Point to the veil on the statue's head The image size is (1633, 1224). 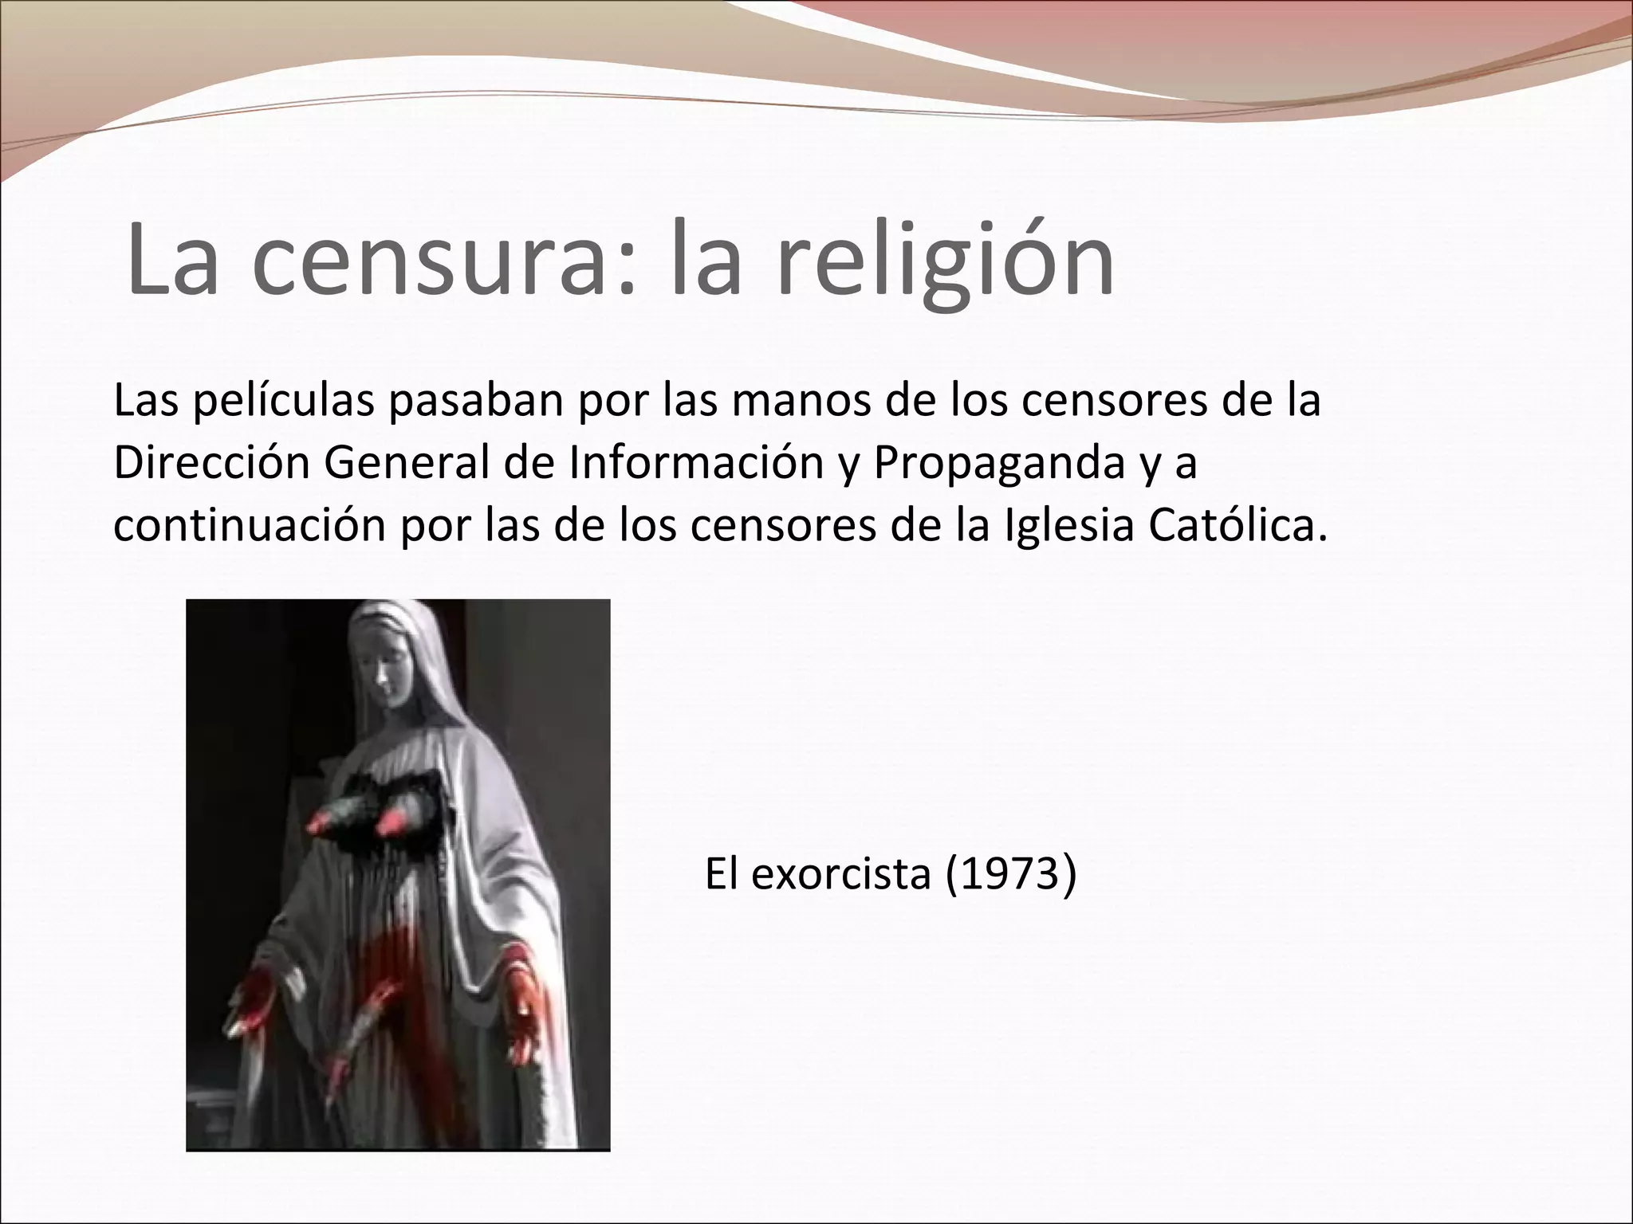tap(415, 637)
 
